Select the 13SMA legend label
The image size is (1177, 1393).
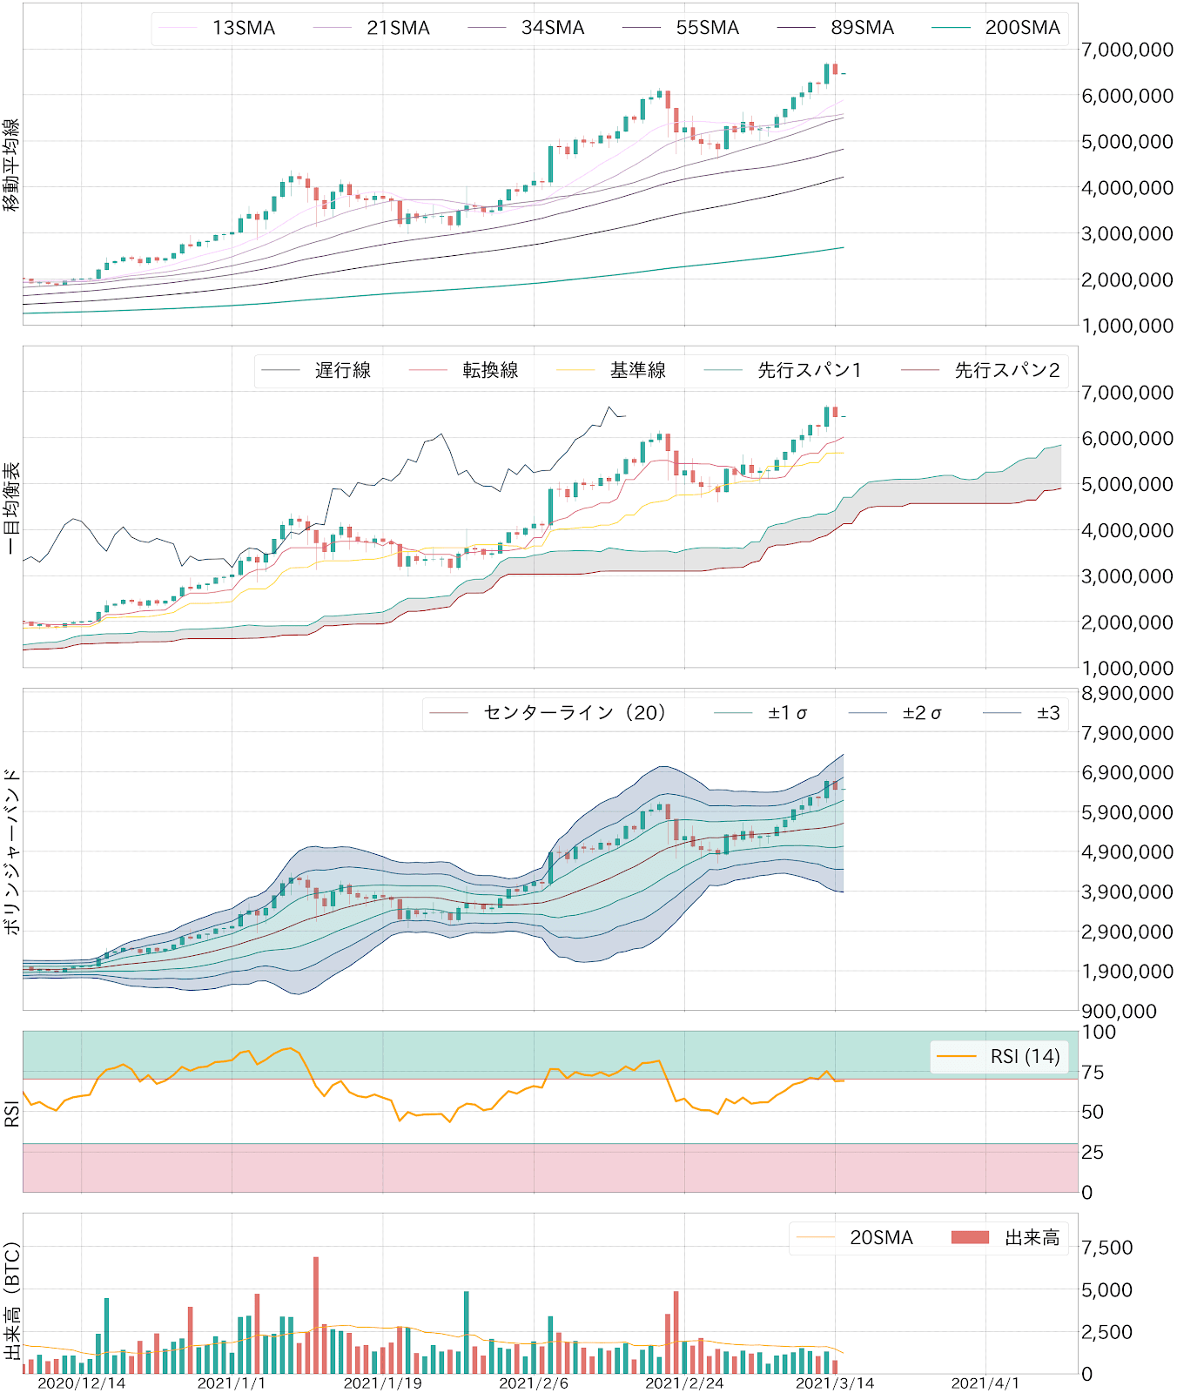[x=243, y=28]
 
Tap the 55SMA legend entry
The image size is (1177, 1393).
[x=706, y=28]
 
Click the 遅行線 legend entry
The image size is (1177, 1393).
[x=342, y=371]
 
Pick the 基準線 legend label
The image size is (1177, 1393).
[x=637, y=371]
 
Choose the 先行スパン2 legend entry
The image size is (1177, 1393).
[x=1006, y=371]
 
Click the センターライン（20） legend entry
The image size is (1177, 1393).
[x=575, y=713]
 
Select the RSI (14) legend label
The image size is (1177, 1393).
[x=1024, y=1057]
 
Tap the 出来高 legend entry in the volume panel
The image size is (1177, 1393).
[x=1032, y=1238]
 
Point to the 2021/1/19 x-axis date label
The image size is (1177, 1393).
[x=383, y=1383]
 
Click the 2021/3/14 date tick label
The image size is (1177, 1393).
[x=835, y=1383]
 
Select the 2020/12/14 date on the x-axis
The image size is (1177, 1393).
[x=81, y=1383]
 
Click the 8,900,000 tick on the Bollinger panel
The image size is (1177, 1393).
[x=1127, y=694]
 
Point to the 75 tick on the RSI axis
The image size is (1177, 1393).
[x=1093, y=1073]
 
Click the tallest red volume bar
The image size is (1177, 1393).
[x=316, y=1315]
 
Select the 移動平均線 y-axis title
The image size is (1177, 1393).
[x=11, y=165]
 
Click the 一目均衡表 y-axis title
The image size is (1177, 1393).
[x=11, y=508]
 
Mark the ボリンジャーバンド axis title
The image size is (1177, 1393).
[x=11, y=851]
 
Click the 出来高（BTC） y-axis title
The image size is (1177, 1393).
[x=11, y=1302]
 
